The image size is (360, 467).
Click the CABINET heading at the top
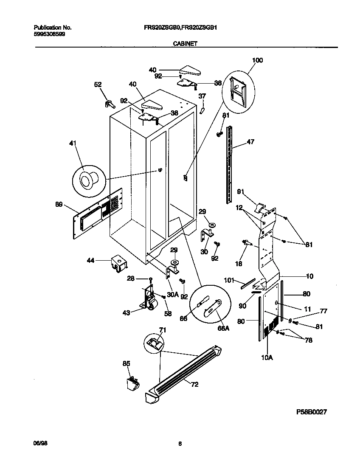pyautogui.click(x=184, y=43)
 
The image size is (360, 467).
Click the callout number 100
pyautogui.click(x=257, y=60)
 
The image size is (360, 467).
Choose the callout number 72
pyautogui.click(x=194, y=385)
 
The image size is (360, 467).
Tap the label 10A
pyautogui.click(x=267, y=358)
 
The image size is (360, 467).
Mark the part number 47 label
pyautogui.click(x=250, y=142)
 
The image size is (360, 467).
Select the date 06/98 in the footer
pyautogui.click(x=39, y=443)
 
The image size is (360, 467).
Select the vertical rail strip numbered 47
pyautogui.click(x=230, y=163)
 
